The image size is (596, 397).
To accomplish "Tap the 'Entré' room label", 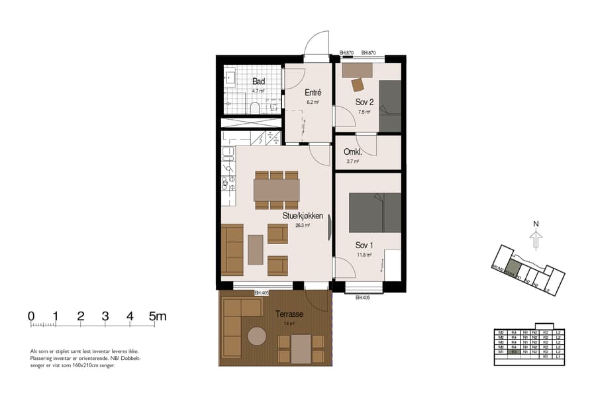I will (313, 93).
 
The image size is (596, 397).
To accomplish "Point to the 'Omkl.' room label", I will (352, 152).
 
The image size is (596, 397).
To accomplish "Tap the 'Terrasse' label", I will (289, 314).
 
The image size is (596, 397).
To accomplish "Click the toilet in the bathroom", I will (254, 107).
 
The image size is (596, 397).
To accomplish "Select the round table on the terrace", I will (257, 335).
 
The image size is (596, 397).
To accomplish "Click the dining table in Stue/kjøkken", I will (276, 191).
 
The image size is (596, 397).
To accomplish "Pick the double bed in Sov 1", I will (375, 212).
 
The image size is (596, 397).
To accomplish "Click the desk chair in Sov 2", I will (358, 85).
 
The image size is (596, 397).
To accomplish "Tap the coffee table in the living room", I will (255, 249).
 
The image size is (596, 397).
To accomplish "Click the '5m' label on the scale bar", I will (158, 316).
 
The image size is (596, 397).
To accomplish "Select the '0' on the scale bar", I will (31, 316).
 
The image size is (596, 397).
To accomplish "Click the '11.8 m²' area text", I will (364, 255).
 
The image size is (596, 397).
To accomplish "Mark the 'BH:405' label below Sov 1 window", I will (362, 298).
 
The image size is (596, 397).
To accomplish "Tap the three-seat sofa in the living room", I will (232, 249).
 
